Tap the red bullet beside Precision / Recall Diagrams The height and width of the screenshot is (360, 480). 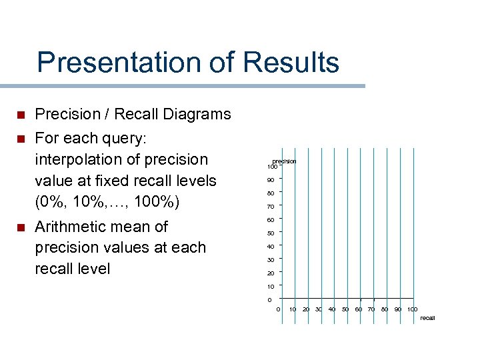coord(20,115)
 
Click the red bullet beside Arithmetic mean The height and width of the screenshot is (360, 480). coord(20,227)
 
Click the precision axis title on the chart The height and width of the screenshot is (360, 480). coord(285,161)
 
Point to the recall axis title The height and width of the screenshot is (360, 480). coord(427,318)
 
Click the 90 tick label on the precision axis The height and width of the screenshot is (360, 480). coord(271,181)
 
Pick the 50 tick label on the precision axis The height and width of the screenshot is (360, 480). coord(271,234)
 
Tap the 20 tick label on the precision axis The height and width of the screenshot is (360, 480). coord(271,274)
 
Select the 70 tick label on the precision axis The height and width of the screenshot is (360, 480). coord(271,207)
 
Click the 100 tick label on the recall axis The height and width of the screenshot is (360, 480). coord(412,309)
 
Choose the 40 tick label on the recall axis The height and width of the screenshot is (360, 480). coord(331,309)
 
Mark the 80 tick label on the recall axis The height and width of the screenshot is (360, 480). coord(385,309)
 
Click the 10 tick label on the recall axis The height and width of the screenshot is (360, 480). coord(292,309)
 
